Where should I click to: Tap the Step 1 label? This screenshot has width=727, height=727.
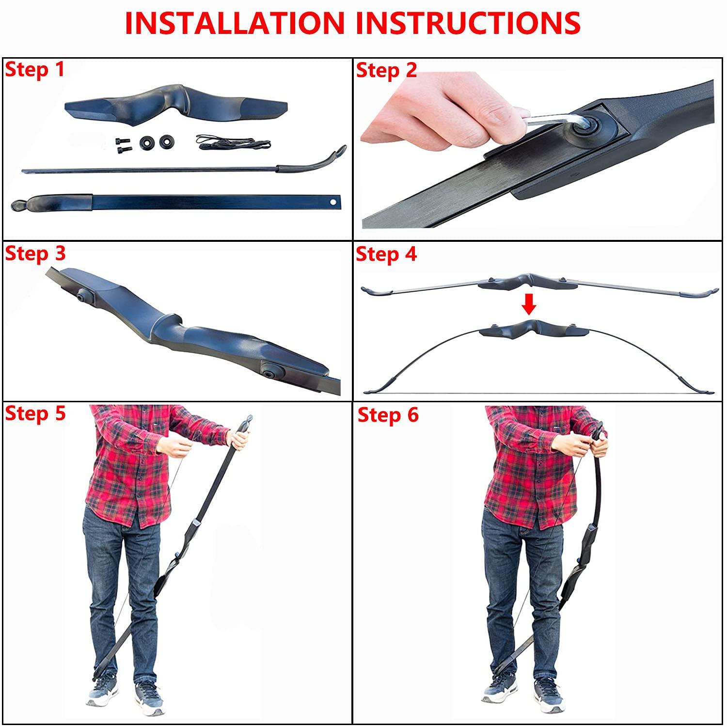pyautogui.click(x=34, y=70)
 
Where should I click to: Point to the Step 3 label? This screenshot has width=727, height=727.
pyautogui.click(x=35, y=253)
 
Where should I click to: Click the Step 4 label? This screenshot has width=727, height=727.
pyautogui.click(x=386, y=254)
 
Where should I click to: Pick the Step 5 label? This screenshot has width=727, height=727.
pyautogui.click(x=35, y=414)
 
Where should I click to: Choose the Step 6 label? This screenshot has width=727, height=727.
pyautogui.click(x=388, y=415)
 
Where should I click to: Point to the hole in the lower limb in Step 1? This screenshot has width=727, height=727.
pyautogui.click(x=333, y=201)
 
